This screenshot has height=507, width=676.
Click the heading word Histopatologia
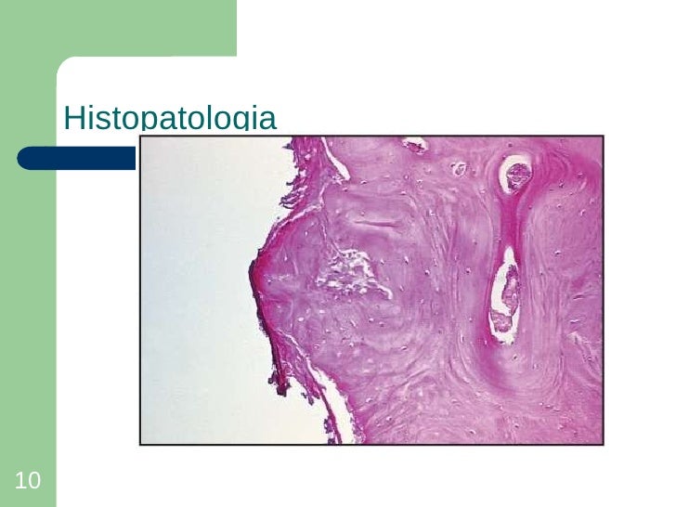pyautogui.click(x=169, y=120)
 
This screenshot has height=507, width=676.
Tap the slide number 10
pyautogui.click(x=28, y=480)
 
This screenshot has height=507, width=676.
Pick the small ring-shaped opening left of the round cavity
pyautogui.click(x=458, y=169)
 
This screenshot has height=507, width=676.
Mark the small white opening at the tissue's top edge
pyautogui.click(x=414, y=144)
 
